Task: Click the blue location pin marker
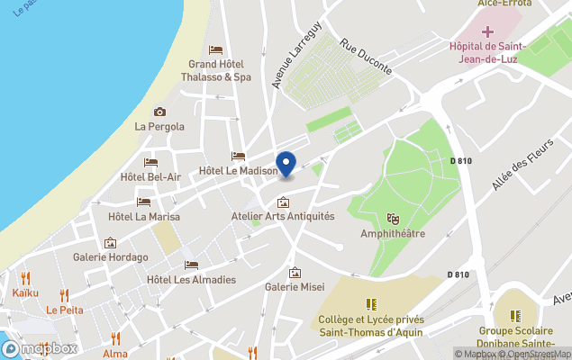286,165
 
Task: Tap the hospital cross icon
487,31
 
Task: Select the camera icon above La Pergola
159,112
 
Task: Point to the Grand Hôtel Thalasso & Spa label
219,70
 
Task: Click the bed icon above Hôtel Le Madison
238,156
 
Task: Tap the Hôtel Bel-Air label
150,176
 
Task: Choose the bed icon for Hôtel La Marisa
143,202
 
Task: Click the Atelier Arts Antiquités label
282,216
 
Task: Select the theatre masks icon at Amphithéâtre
393,218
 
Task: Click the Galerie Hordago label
110,256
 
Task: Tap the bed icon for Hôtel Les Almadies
191,265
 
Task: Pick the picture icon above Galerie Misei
295,273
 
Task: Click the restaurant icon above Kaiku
25,278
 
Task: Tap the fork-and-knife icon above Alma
115,338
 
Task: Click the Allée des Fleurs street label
520,172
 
